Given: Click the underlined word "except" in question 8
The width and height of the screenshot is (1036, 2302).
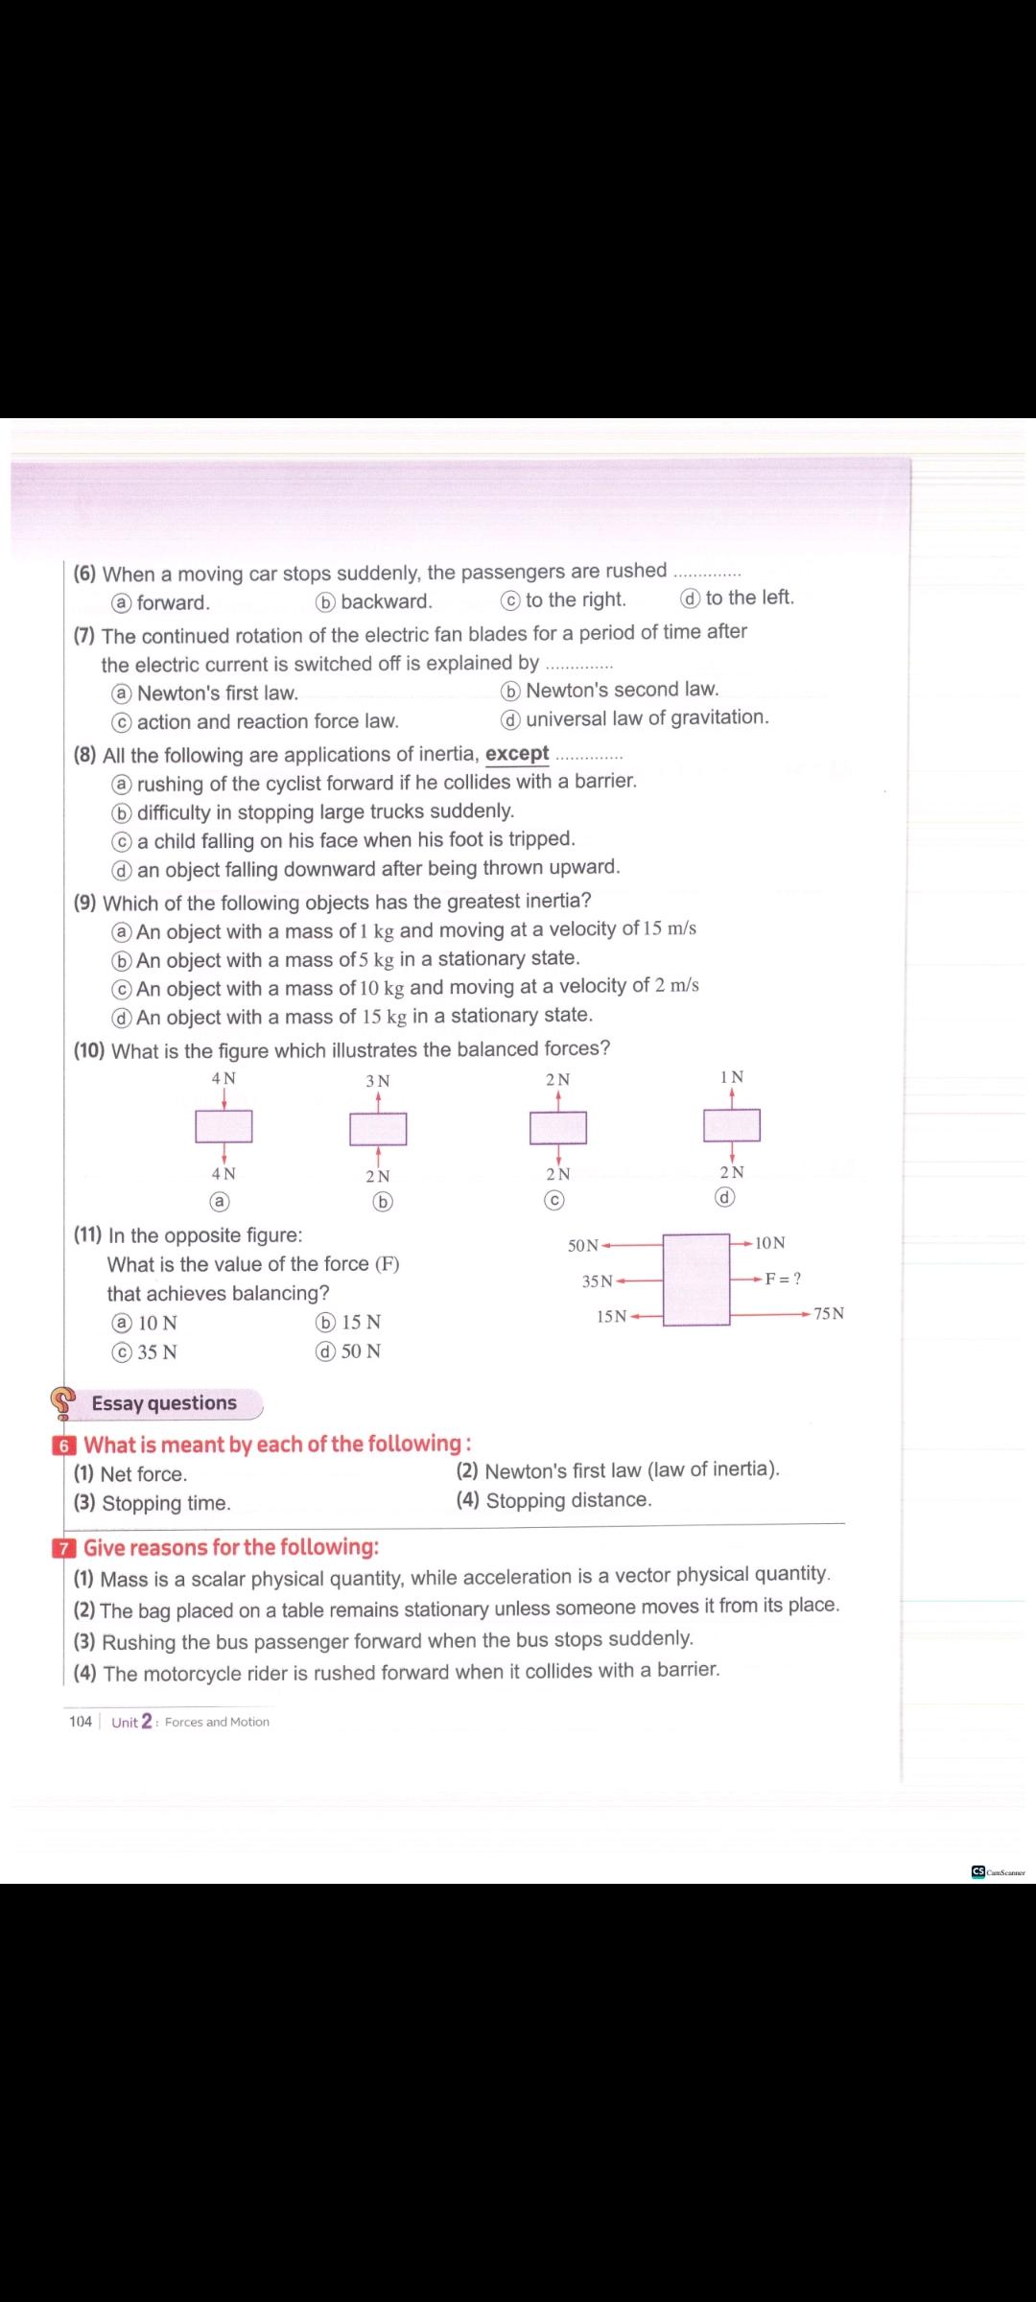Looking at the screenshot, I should coord(517,754).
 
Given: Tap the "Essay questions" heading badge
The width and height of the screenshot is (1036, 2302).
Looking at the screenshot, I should coord(164,1403).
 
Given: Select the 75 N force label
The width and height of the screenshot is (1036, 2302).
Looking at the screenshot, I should coord(829,1313).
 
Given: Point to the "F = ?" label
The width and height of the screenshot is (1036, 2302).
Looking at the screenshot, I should coord(783,1279).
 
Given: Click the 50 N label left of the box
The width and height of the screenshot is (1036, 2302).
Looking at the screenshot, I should coord(582,1245).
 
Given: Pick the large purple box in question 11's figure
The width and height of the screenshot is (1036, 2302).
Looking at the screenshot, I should coord(695,1280).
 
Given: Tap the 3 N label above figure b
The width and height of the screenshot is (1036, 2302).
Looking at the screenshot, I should coord(378,1081).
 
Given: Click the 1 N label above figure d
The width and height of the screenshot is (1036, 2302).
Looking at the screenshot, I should coord(731,1077).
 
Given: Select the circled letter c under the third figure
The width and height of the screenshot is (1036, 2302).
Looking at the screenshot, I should coord(553,1200).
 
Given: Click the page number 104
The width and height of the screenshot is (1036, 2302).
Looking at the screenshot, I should coord(81,1721).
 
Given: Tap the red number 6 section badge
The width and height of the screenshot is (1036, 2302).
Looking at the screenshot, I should coord(64,1445).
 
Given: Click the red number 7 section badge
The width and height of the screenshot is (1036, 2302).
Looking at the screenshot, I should coord(64,1548).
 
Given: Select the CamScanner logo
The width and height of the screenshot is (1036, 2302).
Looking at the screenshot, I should coord(998,1871).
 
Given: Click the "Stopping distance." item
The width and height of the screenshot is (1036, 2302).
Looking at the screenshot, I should coord(568,1500).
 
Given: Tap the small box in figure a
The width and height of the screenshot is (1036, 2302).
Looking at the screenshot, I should coord(224,1126).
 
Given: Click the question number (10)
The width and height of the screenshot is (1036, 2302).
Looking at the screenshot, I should coord(89,1050).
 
